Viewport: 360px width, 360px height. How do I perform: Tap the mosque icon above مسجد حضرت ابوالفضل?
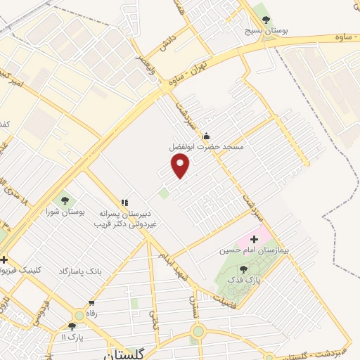[x=206, y=136]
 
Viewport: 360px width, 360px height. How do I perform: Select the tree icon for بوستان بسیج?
[x=264, y=18]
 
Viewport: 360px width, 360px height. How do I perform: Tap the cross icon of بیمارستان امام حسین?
[x=254, y=239]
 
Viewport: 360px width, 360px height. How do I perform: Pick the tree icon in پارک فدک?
[x=243, y=269]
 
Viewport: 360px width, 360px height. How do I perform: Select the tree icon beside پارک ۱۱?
[x=72, y=326]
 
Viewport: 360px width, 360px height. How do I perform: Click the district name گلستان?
[x=126, y=354]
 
